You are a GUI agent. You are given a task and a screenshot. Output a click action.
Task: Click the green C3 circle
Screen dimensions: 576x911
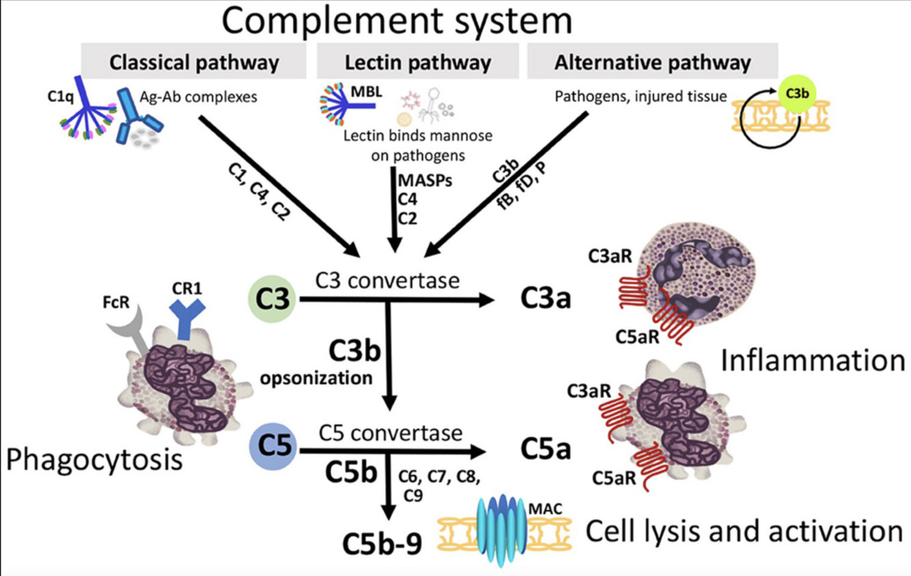click(271, 300)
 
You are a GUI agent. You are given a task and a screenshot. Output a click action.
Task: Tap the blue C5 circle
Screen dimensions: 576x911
click(272, 446)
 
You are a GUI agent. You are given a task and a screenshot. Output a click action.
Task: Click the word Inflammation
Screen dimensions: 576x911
click(813, 361)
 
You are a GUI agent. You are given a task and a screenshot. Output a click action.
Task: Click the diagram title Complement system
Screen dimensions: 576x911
click(397, 20)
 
